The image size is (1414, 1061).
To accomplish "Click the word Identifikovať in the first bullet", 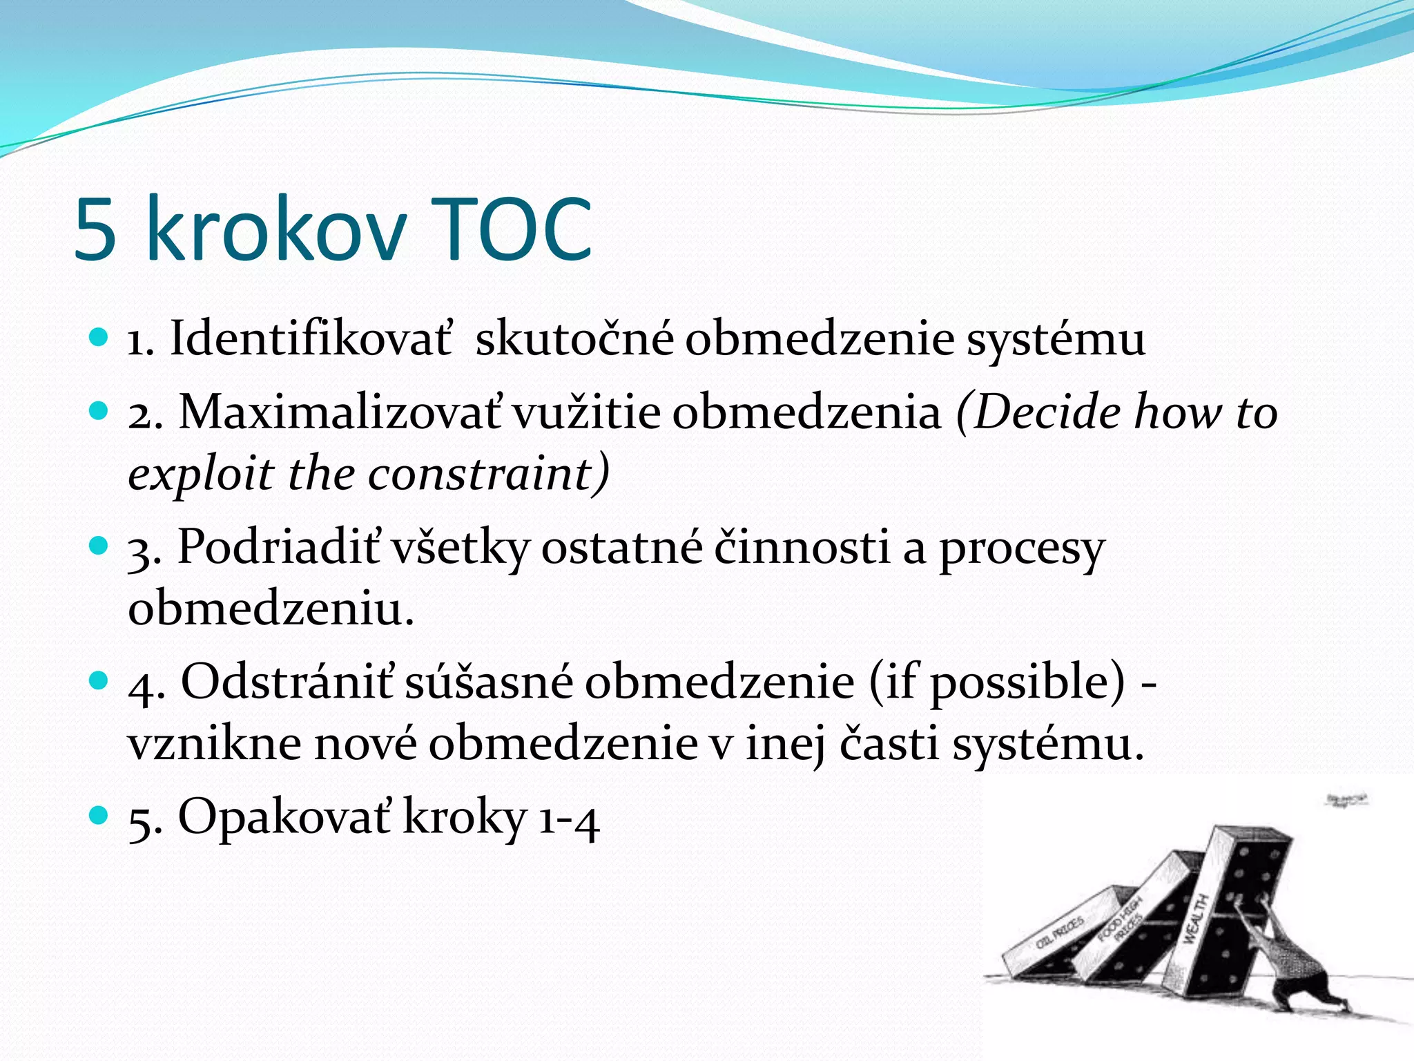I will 311,339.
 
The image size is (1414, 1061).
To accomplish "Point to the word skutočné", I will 574,339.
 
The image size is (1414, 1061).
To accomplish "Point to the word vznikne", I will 215,745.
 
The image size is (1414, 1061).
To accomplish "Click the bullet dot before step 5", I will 99,816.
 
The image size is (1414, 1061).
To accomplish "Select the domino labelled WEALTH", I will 1215,919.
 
